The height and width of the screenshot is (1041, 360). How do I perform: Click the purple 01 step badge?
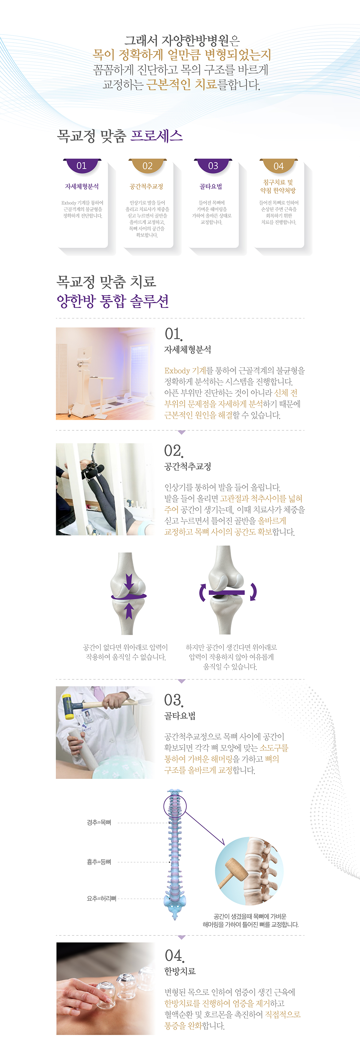[82, 166]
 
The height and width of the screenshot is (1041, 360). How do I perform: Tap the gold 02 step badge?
[148, 166]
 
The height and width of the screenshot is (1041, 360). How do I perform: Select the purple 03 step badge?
[213, 166]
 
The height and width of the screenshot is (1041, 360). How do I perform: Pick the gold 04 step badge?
[279, 166]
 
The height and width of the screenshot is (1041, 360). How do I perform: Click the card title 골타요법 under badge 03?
[211, 186]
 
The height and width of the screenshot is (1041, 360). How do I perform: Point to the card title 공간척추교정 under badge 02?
[146, 186]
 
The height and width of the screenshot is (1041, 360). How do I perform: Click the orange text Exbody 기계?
[185, 371]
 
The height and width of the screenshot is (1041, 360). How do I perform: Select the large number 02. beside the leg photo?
[174, 450]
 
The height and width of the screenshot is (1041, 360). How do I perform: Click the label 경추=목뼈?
[99, 822]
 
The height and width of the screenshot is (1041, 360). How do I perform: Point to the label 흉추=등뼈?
[99, 862]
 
